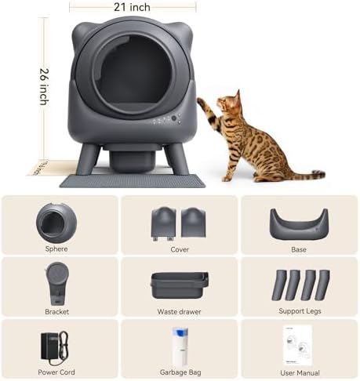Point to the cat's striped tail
(x=301, y=174)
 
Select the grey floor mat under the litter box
(x=133, y=180)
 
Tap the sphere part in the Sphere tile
(x=56, y=223)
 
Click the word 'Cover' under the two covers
(x=179, y=249)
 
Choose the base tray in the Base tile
(x=298, y=224)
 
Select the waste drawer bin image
(x=180, y=284)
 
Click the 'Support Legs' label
(x=299, y=311)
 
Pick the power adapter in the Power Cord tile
(x=53, y=344)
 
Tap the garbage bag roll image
(x=180, y=346)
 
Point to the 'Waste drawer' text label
(x=179, y=311)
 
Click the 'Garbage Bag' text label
(x=179, y=373)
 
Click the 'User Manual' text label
(x=299, y=373)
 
